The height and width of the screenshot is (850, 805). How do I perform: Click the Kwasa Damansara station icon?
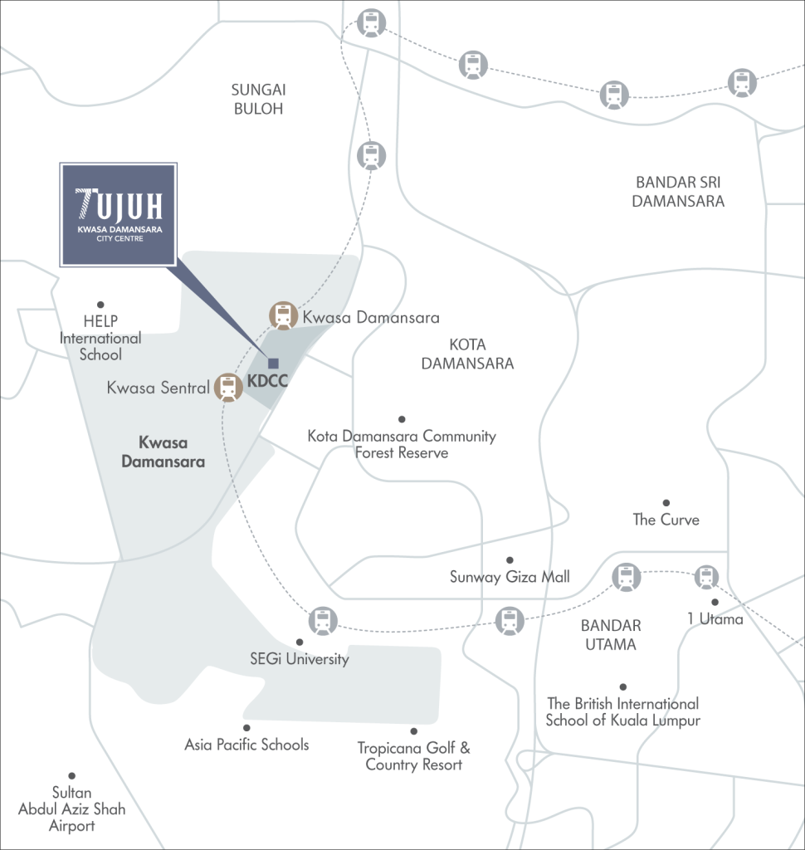pos(284,315)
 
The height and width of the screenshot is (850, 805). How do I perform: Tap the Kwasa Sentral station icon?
pos(228,388)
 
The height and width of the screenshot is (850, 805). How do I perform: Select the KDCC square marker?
pos(272,363)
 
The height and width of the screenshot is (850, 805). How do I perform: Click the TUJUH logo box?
pos(119,215)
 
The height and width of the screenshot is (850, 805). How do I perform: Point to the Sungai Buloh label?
pos(258,98)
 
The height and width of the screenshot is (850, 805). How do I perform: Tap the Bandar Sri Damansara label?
pos(679,191)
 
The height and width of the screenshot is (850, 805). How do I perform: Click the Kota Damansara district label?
pos(467,354)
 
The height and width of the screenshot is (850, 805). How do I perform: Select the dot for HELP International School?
pos(100,305)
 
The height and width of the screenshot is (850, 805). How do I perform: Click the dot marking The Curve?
pos(666,503)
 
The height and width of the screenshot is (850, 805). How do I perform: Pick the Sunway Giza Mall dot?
pos(510,560)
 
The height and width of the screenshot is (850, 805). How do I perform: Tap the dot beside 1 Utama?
pos(715,603)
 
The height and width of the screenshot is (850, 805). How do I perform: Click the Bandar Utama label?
pos(610,635)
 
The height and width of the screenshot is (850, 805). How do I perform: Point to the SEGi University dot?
pos(300,642)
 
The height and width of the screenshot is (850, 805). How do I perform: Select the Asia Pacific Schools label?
pos(246,745)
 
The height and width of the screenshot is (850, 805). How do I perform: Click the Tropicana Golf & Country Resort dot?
pos(413,731)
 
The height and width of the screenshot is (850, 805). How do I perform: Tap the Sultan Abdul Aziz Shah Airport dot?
pos(71,776)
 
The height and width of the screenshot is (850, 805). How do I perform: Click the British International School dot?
pos(622,686)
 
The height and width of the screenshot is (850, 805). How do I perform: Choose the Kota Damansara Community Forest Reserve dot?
pos(402,419)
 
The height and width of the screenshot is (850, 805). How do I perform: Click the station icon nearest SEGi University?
pos(322,620)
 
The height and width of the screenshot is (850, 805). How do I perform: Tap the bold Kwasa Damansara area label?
pos(163,452)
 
